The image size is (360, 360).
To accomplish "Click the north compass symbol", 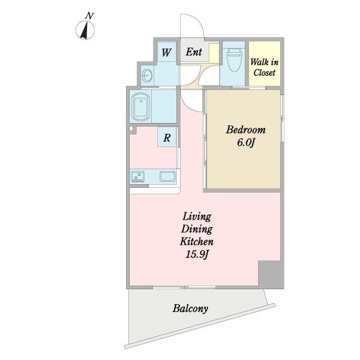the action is point(85,30).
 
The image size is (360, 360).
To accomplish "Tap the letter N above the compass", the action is point(89,16).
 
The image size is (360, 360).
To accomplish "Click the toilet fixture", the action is point(235,61).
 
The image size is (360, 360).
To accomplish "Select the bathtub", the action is point(141,106).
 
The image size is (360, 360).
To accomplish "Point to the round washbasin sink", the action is point(147,75).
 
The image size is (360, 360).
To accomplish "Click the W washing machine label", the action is point(166,53).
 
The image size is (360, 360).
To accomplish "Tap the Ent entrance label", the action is point(194,52).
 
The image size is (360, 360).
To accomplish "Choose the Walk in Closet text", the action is point(264,67).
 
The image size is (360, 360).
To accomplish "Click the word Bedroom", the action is point(246,130).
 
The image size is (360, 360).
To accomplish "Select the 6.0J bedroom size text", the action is point(246,143).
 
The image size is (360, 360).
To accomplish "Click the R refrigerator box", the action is point(167,137).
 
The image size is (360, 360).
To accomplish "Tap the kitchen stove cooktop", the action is point(137,176).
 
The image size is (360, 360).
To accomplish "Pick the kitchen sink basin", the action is point(168,176).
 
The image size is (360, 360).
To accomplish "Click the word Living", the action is point(197,217).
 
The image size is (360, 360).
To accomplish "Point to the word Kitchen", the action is point(197,242).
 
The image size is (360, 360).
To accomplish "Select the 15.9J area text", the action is point(197,254).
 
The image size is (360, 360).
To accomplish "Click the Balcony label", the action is point(190,309).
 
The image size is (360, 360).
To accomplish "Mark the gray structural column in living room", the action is point(271,274).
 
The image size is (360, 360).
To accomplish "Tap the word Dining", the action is point(197,229).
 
